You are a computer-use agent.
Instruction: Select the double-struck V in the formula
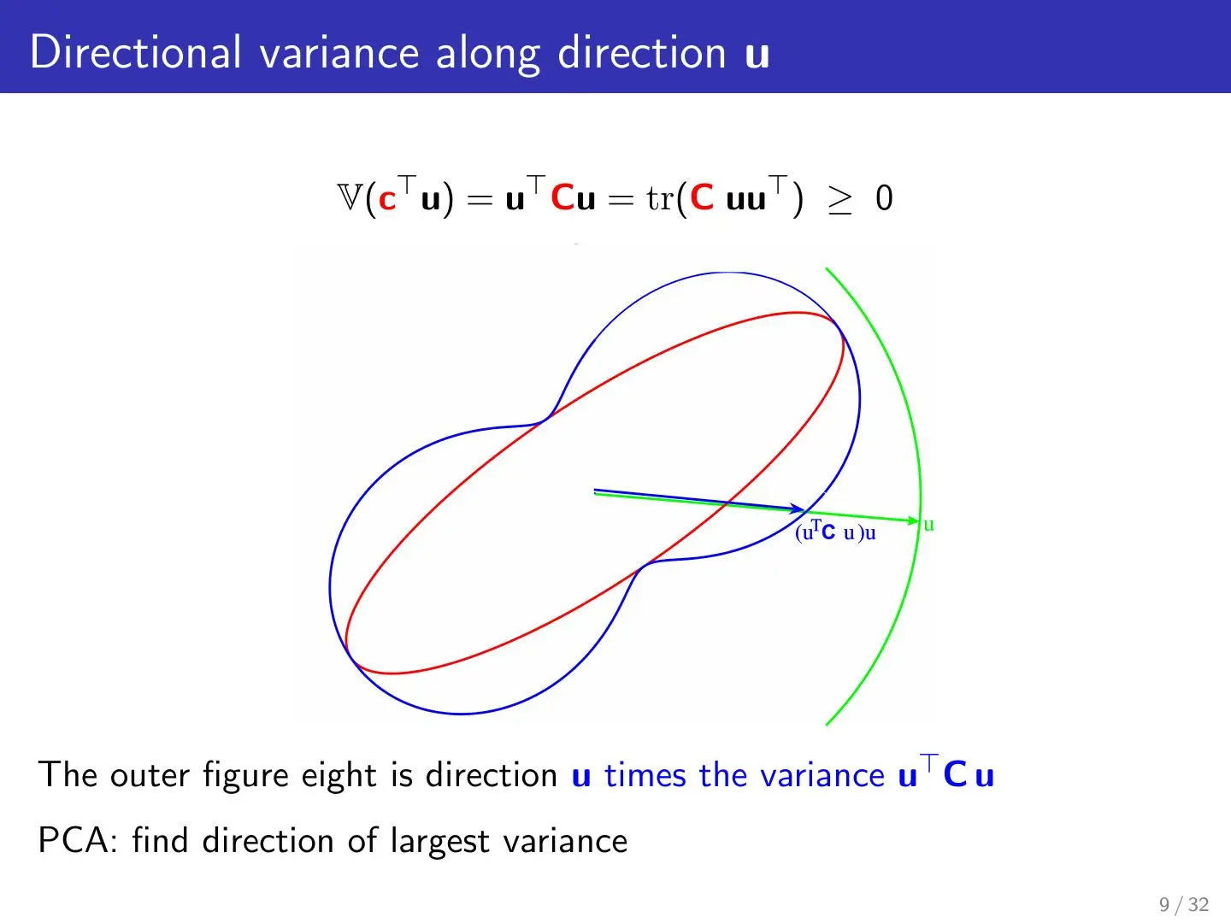coord(350,197)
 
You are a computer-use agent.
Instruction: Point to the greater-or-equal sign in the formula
coord(839,200)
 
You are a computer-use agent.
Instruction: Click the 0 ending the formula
coord(885,197)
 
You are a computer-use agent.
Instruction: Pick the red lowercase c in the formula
coord(387,201)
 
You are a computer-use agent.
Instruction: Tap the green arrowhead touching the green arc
coord(912,520)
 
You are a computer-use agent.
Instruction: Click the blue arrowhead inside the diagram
coord(797,508)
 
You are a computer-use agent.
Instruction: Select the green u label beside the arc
coord(928,525)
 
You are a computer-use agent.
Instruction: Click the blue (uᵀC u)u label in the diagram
coord(835,532)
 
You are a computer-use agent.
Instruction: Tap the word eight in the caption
coord(339,776)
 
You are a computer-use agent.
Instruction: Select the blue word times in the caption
coord(645,776)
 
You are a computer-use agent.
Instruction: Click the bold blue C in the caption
coord(955,775)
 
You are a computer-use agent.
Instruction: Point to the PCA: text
coord(78,841)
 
